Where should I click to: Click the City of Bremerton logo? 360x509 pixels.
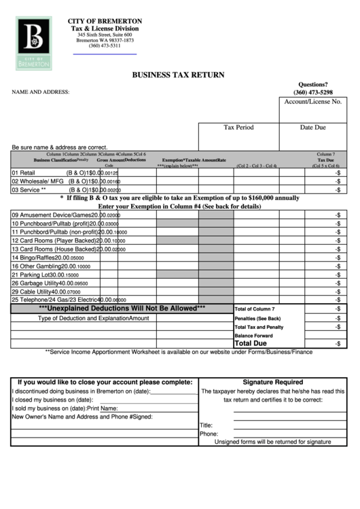[33, 43]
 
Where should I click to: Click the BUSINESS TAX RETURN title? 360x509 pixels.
[178, 75]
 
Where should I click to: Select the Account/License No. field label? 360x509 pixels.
[312, 101]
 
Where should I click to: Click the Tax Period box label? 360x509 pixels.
[238, 127]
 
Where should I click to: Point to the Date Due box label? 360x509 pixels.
[312, 127]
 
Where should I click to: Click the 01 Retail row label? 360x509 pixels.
[23, 173]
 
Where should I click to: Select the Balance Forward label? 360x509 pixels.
[253, 335]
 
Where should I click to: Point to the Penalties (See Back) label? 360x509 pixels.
[257, 318]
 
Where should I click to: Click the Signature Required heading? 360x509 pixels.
[272, 382]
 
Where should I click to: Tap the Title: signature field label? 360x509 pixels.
[206, 425]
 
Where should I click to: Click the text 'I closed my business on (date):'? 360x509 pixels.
[52, 400]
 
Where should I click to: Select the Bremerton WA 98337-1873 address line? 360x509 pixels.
[105, 40]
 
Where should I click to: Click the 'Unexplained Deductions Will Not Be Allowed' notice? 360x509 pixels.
[122, 308]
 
